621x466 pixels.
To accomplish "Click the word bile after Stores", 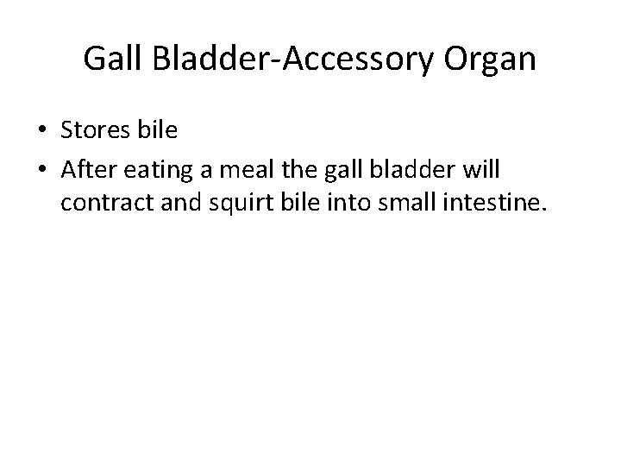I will point(157,131).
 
